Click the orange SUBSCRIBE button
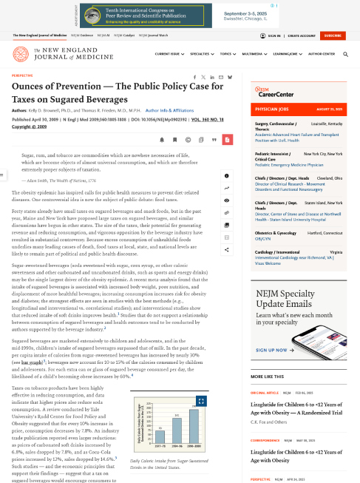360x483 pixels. pyautogui.click(x=332, y=36)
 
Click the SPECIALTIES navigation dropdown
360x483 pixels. pyautogui.click(x=201, y=54)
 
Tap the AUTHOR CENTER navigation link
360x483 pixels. pyautogui.click(x=339, y=54)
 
